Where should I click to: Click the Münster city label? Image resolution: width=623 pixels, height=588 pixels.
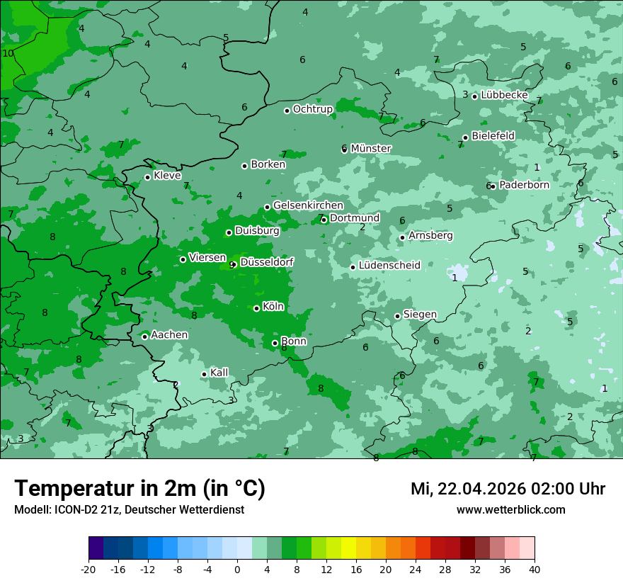[371, 149]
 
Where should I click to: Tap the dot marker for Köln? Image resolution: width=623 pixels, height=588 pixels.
[256, 308]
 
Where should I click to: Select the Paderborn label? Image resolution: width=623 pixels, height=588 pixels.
[524, 185]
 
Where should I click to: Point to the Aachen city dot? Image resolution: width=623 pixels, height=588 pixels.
[144, 337]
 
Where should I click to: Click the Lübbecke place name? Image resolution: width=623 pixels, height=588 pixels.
[504, 95]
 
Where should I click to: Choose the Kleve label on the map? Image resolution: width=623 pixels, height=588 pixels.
[167, 176]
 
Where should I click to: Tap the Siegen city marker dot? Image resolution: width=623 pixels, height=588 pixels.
[397, 317]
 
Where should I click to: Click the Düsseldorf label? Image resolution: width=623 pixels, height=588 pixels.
[267, 262]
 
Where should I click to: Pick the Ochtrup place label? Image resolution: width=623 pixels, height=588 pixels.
[313, 109]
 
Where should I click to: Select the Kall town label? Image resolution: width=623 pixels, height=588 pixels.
[219, 373]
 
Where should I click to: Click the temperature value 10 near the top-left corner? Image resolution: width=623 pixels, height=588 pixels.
[8, 53]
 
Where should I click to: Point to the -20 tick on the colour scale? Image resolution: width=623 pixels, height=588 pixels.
[88, 569]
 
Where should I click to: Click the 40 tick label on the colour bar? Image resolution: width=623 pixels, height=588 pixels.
[535, 569]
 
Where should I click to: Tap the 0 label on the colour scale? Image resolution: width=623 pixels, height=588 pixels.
[237, 569]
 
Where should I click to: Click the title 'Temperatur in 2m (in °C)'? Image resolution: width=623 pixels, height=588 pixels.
[140, 488]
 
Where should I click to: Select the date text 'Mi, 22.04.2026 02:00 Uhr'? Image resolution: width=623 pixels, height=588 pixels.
[508, 489]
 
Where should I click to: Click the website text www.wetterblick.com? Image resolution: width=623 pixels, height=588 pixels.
[510, 509]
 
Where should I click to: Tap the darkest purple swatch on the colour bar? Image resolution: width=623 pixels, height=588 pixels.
[96, 548]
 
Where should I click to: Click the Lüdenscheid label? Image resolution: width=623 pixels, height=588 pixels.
[389, 266]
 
